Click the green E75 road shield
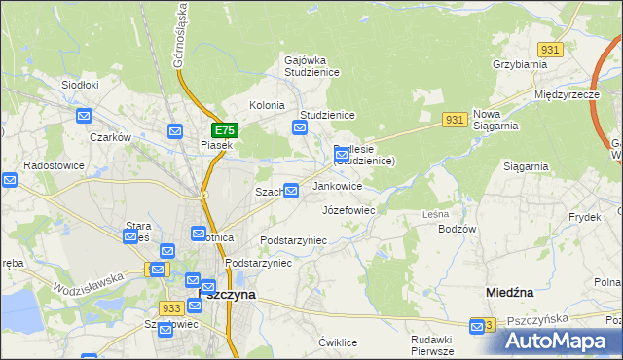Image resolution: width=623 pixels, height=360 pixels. tap(224, 130)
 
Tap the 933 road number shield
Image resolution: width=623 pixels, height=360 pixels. tap(172, 308)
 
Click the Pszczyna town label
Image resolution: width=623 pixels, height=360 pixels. tap(227, 293)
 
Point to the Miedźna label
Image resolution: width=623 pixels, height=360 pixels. tap(509, 292)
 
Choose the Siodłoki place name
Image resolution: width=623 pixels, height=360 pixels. tap(80, 85)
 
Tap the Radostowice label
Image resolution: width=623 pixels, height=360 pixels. tap(50, 165)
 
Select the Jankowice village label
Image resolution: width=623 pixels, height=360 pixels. tap(337, 186)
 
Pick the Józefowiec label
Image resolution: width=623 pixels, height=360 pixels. tap(348, 209)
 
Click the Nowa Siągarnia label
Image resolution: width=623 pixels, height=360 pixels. tap(499, 120)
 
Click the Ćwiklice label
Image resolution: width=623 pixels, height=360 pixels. tap(339, 342)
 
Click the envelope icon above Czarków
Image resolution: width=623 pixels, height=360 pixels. tap(84, 117)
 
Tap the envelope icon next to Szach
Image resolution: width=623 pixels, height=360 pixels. tap(290, 191)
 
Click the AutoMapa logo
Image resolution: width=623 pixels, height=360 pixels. tap(563, 341)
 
